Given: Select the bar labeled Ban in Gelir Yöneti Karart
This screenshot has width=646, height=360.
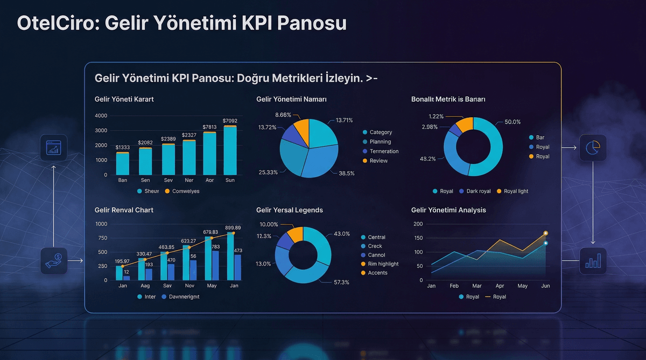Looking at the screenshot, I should point(123,164).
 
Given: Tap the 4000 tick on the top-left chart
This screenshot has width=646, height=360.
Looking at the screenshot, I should point(101,116).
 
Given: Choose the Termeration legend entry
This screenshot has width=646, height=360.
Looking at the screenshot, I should point(384,151).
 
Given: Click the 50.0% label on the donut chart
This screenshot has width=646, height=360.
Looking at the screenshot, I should point(512,122).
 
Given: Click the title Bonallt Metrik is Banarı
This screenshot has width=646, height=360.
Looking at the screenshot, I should point(448,100).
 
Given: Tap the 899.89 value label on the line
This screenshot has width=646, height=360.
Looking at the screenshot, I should point(233,228).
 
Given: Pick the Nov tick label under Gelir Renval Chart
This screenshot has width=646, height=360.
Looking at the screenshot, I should point(189,286).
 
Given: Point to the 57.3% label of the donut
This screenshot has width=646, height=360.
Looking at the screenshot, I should point(341,282).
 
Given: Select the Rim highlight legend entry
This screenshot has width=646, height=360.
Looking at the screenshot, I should point(383,264).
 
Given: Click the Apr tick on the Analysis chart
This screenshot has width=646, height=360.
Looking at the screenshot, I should point(500,286).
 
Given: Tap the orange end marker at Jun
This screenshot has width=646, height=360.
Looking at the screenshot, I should point(545,234).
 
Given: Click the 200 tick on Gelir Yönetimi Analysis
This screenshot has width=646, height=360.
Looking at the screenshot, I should point(418,224).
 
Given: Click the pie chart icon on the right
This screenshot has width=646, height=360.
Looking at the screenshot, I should point(593,147).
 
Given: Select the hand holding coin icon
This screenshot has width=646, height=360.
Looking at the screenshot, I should point(54,260).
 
